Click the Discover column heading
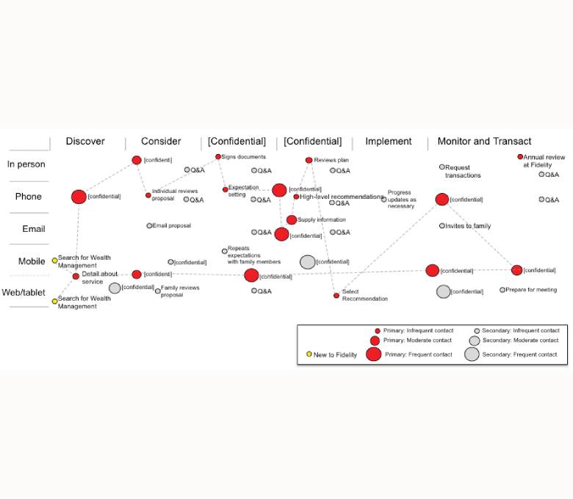(85, 142)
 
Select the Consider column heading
(161, 142)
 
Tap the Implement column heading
(389, 142)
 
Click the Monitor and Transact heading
(484, 142)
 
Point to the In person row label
(26, 164)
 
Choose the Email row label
(34, 229)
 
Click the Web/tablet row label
(24, 293)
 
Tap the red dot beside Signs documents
(218, 156)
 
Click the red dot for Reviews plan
(309, 160)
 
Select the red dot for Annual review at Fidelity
(520, 156)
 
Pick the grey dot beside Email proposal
(149, 226)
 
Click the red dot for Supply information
(292, 220)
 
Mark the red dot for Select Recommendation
(336, 296)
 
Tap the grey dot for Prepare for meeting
(502, 290)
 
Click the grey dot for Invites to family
(442, 226)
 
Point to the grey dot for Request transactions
(442, 167)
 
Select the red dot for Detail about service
(76, 276)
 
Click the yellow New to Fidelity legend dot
(309, 354)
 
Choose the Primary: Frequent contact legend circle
(374, 354)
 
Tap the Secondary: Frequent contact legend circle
(472, 354)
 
